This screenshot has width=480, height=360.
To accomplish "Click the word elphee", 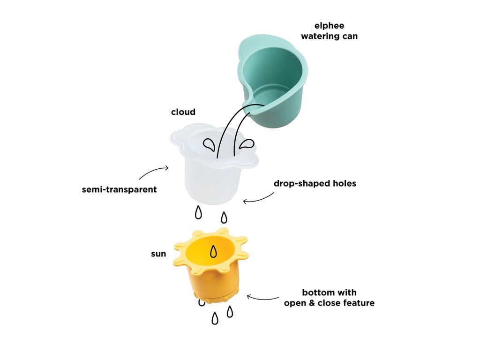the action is click(329, 26).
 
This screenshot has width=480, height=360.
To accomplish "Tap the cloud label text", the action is click(183, 112).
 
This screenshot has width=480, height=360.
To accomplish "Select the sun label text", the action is click(158, 254).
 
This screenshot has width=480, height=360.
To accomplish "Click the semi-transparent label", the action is click(119, 190).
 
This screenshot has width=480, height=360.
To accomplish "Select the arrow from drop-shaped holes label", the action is click(258, 199).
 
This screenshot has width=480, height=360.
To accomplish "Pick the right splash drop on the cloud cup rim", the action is click(247, 144).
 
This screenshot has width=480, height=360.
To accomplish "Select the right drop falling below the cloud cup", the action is click(224, 217).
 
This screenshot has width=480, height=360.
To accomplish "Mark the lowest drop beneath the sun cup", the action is click(215, 319).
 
